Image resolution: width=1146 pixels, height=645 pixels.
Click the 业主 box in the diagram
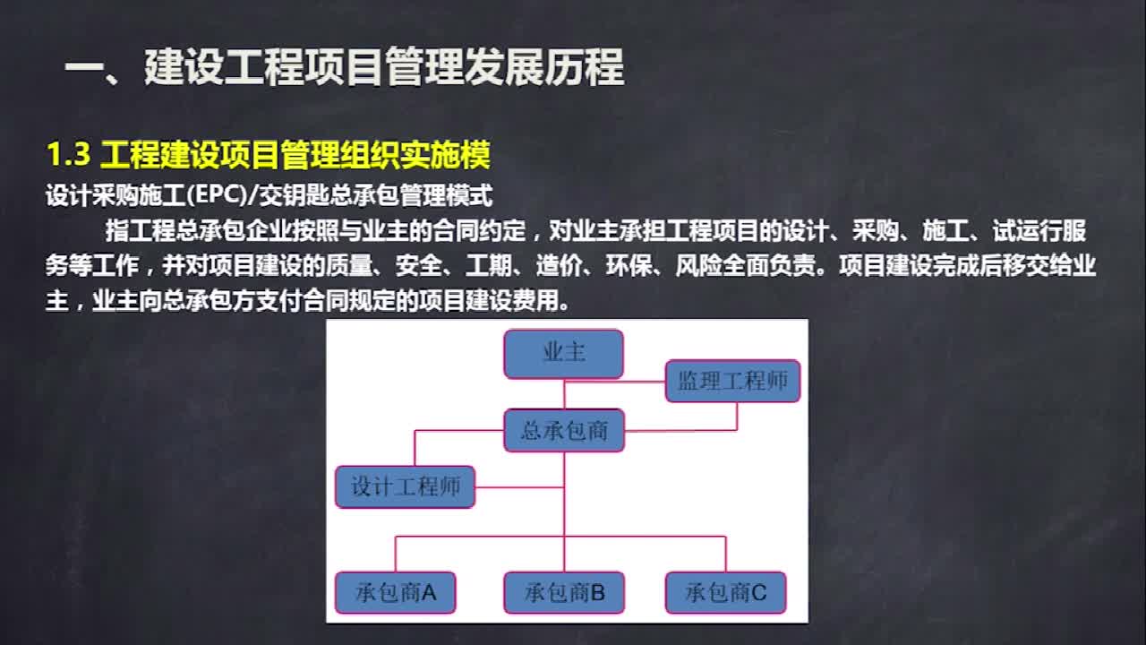[563, 353]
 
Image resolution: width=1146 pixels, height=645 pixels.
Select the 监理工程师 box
[732, 381]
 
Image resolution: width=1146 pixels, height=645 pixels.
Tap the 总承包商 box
[563, 431]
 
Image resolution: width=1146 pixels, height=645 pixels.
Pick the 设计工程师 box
[405, 487]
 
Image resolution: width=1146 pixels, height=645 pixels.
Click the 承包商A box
[395, 592]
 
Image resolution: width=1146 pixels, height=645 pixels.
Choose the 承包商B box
[563, 592]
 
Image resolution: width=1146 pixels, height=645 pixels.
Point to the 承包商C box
[725, 592]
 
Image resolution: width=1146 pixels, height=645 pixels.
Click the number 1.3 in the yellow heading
[68, 156]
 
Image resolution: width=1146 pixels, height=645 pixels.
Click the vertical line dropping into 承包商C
[725, 554]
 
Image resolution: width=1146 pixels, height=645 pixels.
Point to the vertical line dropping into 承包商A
[395, 554]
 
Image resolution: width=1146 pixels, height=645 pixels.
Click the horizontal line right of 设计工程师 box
[518, 487]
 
